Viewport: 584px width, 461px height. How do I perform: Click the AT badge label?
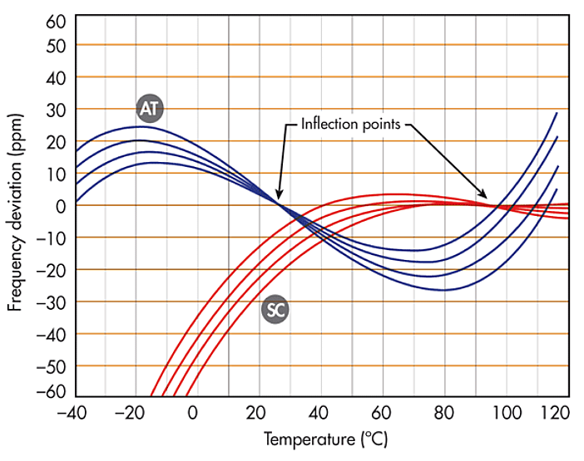click(x=149, y=107)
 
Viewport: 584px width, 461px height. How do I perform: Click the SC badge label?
click(x=275, y=309)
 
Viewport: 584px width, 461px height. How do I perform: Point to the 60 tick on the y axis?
click(x=56, y=20)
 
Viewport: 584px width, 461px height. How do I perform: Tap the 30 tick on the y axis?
click(x=56, y=109)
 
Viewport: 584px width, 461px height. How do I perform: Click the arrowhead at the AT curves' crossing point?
click(x=278, y=197)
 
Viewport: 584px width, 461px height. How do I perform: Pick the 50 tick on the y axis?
click(x=56, y=45)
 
